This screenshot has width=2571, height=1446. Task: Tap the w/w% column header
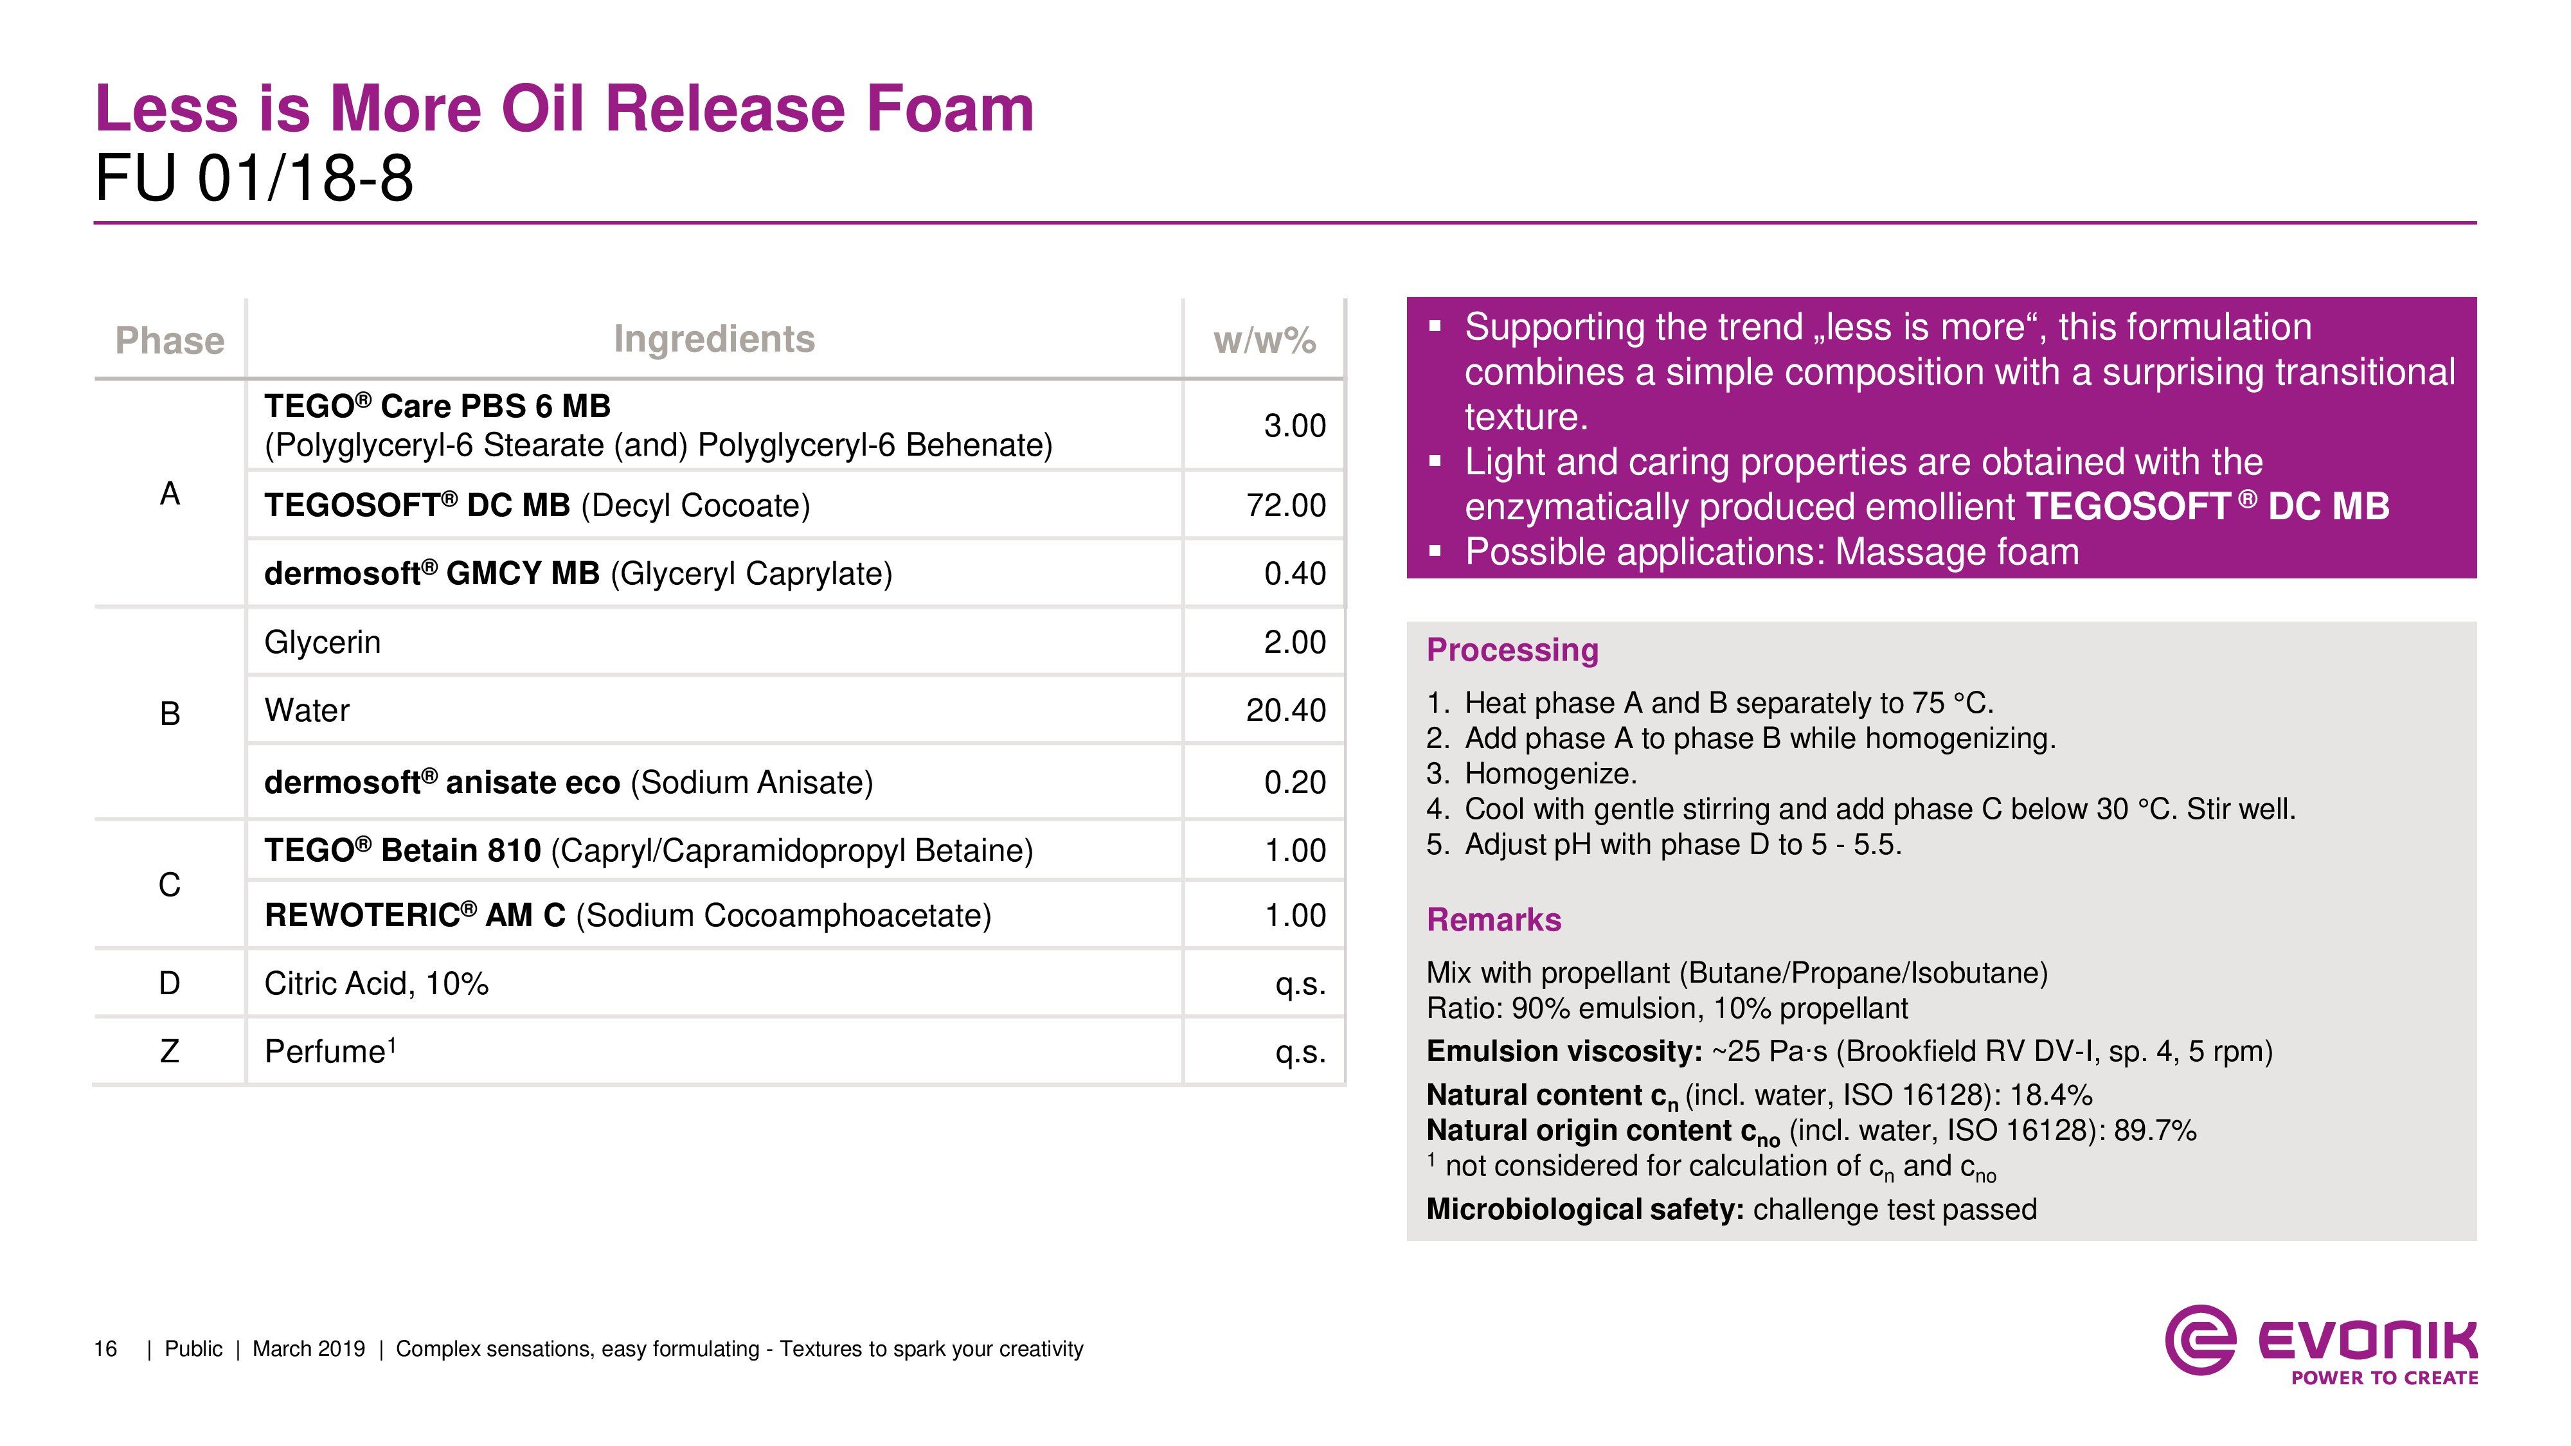[x=1264, y=341]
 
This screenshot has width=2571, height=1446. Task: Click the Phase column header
[x=170, y=341]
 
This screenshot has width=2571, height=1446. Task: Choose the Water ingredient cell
[x=307, y=711]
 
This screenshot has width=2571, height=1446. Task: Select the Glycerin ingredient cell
[x=323, y=641]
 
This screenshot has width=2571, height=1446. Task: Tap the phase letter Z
[x=170, y=1051]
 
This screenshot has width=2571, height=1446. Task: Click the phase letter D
[x=170, y=983]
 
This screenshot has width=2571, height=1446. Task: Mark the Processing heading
[x=1512, y=650]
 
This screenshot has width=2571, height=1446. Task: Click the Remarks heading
[x=1493, y=919]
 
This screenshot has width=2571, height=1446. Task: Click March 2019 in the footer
[x=309, y=1349]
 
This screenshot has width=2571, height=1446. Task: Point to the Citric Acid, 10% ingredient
[x=376, y=983]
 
